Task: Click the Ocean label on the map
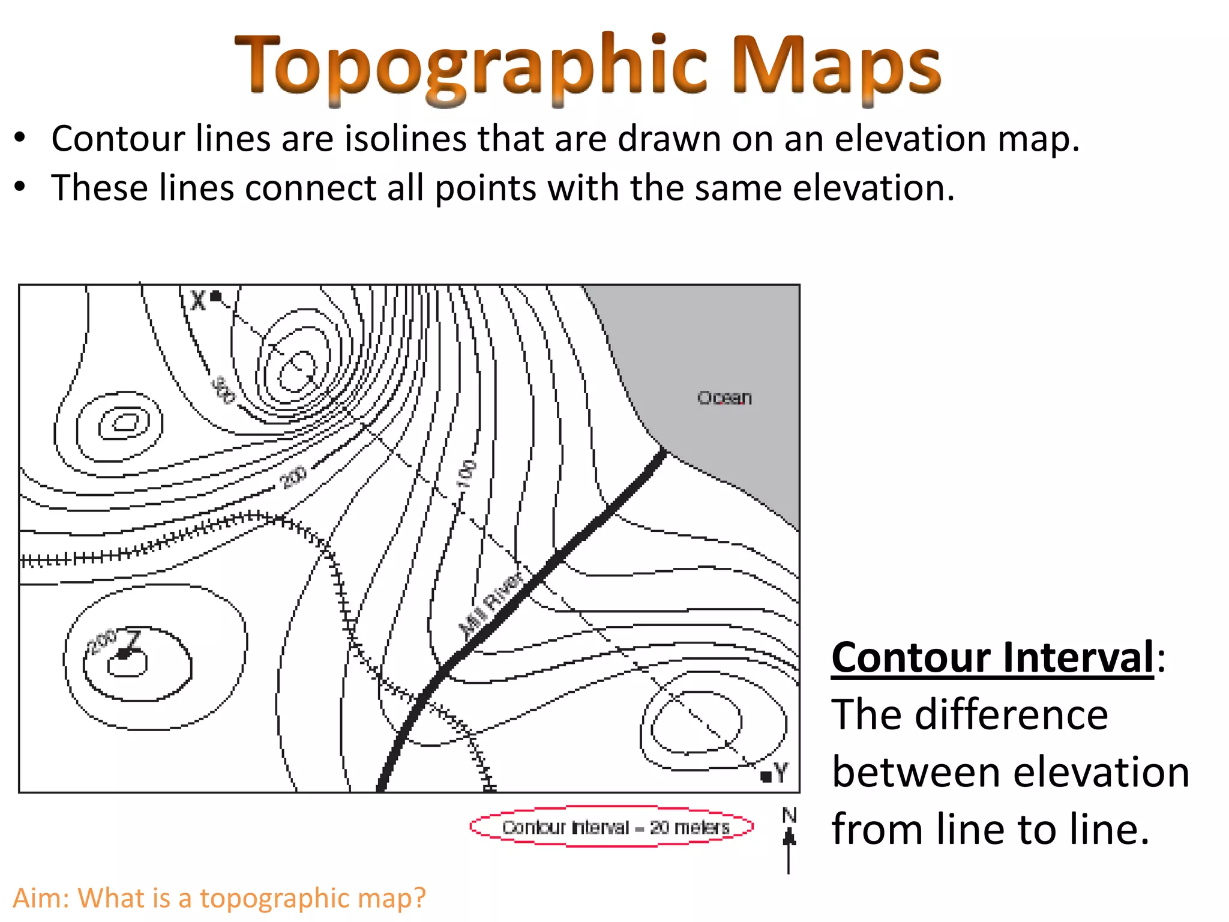coord(724,398)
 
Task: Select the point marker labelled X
coord(215,296)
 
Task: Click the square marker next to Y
coord(766,777)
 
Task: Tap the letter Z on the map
coord(133,640)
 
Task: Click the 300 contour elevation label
coord(223,390)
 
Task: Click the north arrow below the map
coord(789,849)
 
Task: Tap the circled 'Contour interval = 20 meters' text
coord(616,827)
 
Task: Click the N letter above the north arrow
coord(789,815)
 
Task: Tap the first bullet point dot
coord(20,138)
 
